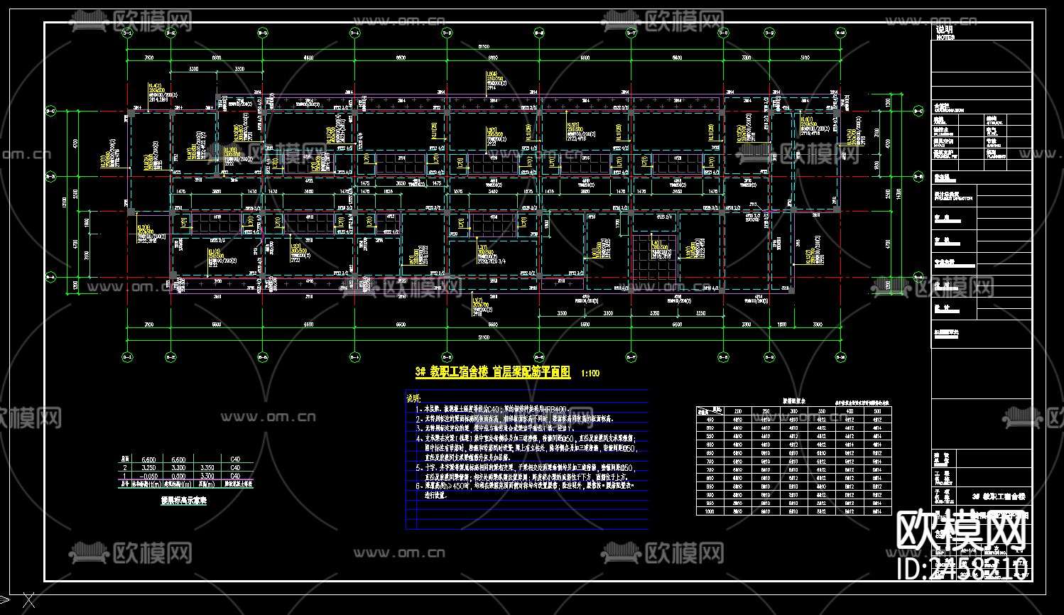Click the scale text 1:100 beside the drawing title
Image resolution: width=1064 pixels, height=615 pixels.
tap(590, 373)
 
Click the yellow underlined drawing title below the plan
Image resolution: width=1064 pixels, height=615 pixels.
tap(493, 372)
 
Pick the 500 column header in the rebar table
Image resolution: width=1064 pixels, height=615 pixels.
tap(877, 411)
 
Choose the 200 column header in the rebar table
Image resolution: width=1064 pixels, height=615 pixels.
tap(738, 411)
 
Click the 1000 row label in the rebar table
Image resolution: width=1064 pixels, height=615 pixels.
tap(710, 511)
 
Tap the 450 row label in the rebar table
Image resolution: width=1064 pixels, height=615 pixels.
tap(710, 419)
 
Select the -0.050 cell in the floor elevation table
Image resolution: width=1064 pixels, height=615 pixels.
tap(149, 477)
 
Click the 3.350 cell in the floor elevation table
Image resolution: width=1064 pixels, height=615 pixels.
tap(207, 468)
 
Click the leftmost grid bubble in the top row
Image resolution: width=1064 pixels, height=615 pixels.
tap(127, 33)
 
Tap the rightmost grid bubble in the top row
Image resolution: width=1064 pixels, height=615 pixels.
tap(840, 33)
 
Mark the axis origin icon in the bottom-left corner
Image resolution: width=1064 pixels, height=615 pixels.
tap(27, 601)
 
